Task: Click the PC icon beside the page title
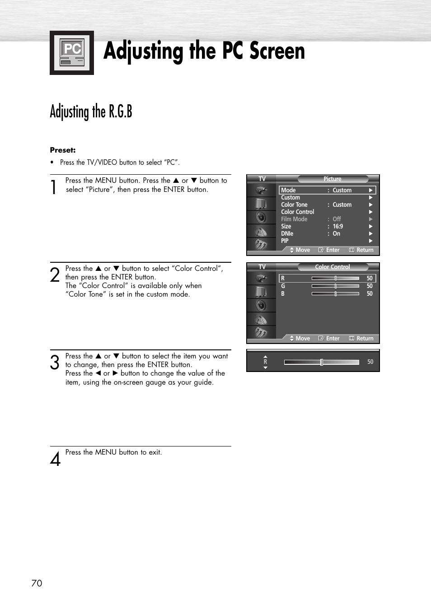72,53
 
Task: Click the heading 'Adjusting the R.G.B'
91,112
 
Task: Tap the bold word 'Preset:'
63,150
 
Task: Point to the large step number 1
54,186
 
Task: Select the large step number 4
55,459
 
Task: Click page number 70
37,583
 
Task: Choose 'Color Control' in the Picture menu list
297,212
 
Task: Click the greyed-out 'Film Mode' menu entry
294,219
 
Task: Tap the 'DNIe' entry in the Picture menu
287,233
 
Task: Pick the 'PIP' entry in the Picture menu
285,241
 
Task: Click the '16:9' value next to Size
338,226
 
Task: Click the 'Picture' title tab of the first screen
333,179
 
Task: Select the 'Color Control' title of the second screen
333,267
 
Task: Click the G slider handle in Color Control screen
336,286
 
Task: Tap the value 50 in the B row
370,293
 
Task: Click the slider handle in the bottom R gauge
322,362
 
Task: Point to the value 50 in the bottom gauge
370,362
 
